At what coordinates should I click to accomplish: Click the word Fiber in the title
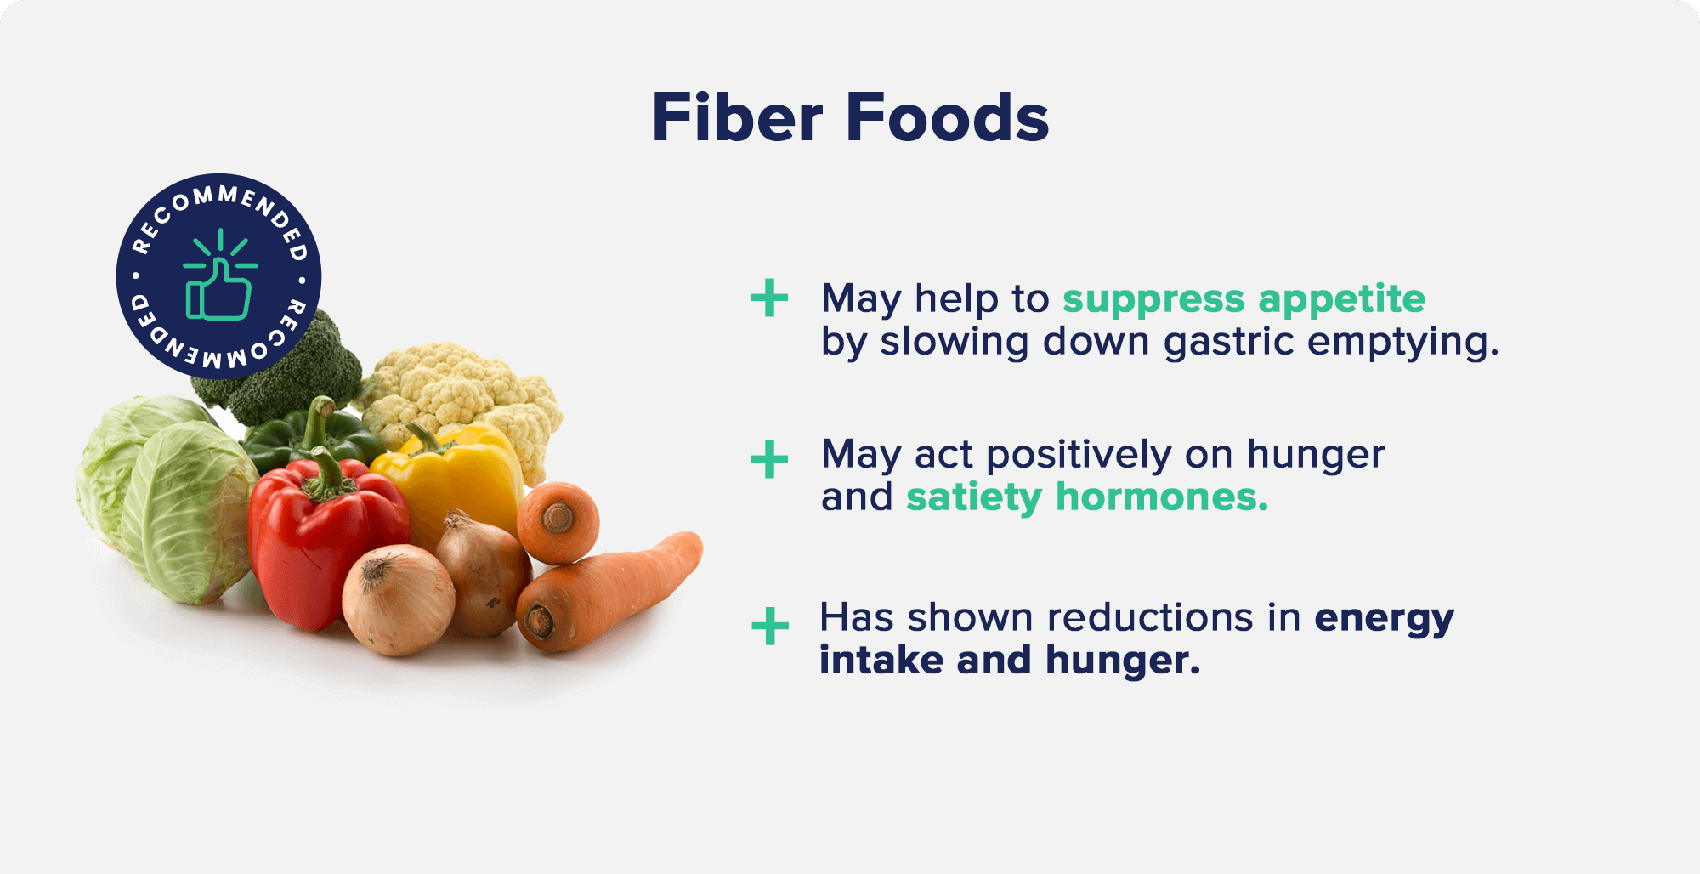pyautogui.click(x=737, y=117)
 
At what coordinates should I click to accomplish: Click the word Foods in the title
pyautogui.click(x=948, y=117)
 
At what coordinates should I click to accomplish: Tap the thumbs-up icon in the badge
pyautogui.click(x=219, y=275)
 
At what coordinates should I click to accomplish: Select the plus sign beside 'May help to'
pyautogui.click(x=769, y=298)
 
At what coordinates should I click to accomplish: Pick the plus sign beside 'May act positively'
pyautogui.click(x=769, y=460)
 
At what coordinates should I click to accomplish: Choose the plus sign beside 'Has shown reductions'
pyautogui.click(x=770, y=627)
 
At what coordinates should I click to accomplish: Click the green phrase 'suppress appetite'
pyautogui.click(x=1244, y=300)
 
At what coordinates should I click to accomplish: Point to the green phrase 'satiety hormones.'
pyautogui.click(x=1087, y=497)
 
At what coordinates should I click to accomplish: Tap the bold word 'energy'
pyautogui.click(x=1385, y=620)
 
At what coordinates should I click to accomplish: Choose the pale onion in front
pyautogui.click(x=399, y=600)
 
